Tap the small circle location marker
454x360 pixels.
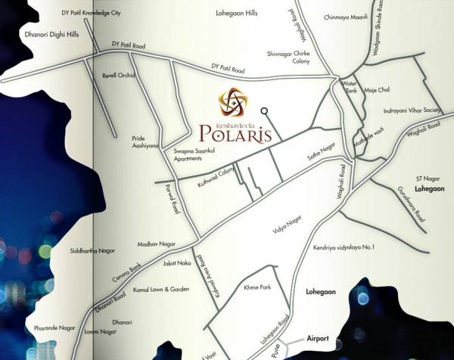[x=264, y=111]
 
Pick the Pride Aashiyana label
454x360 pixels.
[x=145, y=142]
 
